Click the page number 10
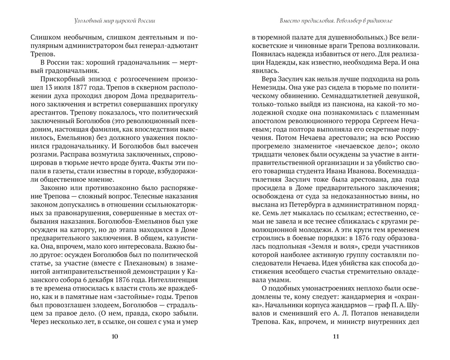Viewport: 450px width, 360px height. point(115,337)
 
